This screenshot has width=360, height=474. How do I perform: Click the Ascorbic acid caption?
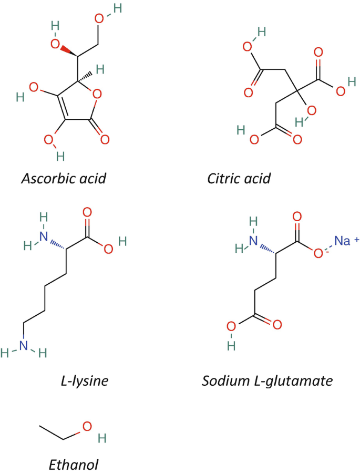click(x=64, y=178)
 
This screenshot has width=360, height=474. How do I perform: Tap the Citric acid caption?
click(x=239, y=178)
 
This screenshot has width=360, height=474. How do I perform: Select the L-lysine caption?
click(x=85, y=380)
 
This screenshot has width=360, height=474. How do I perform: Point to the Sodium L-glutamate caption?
click(x=267, y=380)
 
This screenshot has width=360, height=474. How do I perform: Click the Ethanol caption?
click(x=74, y=464)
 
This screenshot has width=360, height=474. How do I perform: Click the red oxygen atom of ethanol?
click(x=87, y=426)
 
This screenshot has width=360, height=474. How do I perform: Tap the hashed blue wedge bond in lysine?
click(x=58, y=242)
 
